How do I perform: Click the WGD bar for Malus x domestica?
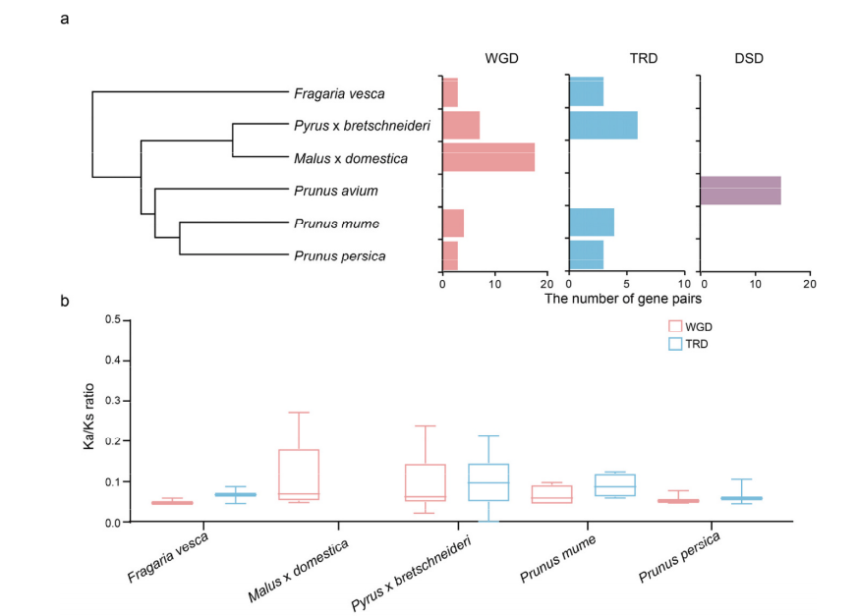488,157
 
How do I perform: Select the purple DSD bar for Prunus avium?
740,190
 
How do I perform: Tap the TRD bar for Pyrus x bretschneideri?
603,126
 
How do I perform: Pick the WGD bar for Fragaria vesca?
450,92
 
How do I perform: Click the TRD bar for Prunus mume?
592,222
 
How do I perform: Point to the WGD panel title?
501,59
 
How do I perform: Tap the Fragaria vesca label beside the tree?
339,93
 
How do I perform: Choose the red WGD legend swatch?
674,326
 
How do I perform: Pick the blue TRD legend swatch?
674,344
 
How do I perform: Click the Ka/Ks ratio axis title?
88,421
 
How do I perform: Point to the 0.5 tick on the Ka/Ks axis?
111,320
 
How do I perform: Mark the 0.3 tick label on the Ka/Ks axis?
111,401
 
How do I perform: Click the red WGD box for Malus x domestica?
299,475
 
